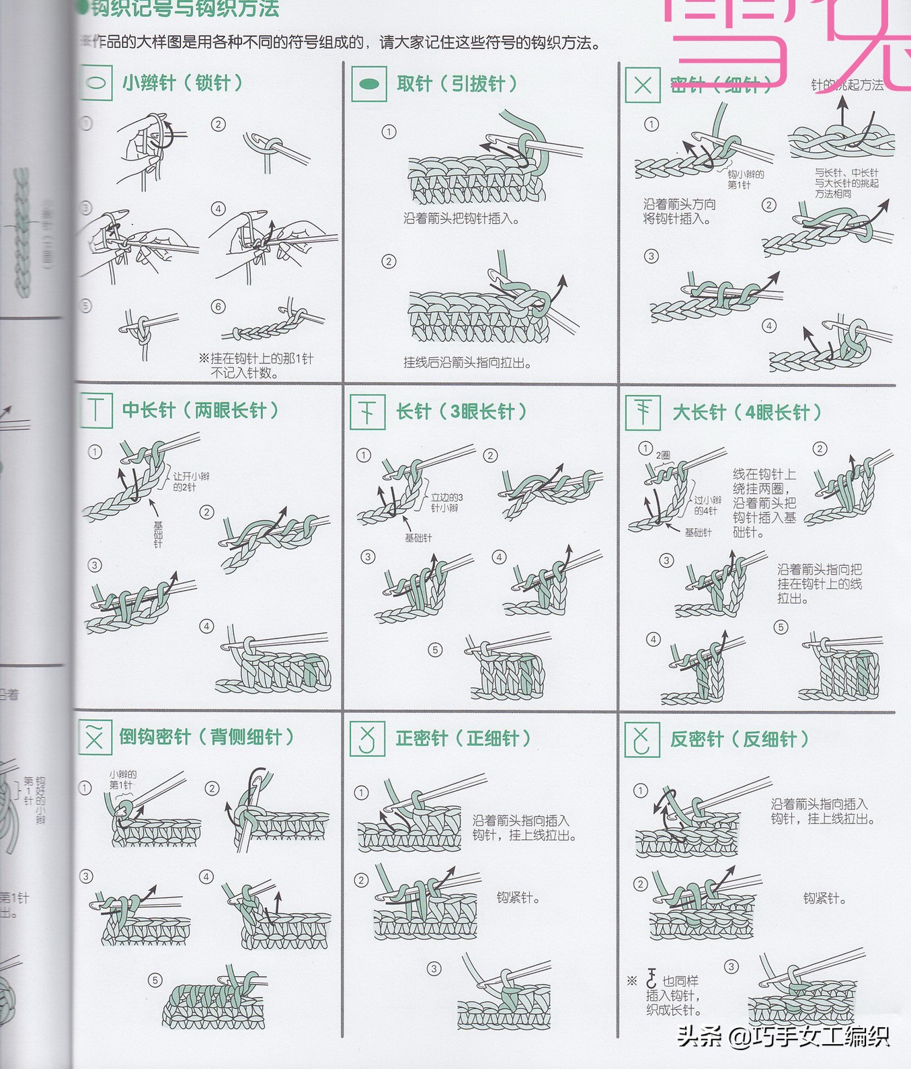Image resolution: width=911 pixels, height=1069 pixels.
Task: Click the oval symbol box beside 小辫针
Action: (95, 83)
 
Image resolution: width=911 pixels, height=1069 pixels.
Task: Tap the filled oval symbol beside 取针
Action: (369, 84)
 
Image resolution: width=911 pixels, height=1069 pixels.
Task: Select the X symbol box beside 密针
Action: (643, 85)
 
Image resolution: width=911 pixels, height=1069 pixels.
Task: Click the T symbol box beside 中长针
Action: (96, 410)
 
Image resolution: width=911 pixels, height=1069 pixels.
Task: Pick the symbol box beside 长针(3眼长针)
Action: (367, 412)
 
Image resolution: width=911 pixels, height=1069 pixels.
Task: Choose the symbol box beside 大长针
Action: (643, 412)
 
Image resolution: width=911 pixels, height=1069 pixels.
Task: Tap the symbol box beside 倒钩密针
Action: (95, 737)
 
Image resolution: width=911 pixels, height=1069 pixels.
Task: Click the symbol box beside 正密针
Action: (367, 739)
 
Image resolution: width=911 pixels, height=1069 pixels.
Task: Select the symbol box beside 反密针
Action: (641, 739)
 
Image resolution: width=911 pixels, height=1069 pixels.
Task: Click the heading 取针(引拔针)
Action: (457, 84)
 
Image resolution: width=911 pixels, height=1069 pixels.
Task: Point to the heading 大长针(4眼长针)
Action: (747, 412)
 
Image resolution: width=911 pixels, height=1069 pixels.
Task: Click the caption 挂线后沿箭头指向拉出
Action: (467, 363)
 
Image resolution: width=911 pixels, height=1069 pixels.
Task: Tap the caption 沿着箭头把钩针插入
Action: (461, 219)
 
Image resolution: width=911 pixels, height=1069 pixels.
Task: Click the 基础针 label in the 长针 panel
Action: (418, 538)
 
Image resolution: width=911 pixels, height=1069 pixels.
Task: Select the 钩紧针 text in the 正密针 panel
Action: (518, 897)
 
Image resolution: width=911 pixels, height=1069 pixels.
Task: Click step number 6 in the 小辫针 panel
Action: (219, 307)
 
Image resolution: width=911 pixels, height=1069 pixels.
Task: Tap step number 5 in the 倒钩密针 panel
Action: (155, 980)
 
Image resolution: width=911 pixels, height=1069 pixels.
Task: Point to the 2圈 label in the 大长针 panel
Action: (663, 455)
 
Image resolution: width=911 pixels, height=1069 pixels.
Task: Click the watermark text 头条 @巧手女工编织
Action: (783, 1036)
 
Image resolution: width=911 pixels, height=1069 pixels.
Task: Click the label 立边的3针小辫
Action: (446, 503)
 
